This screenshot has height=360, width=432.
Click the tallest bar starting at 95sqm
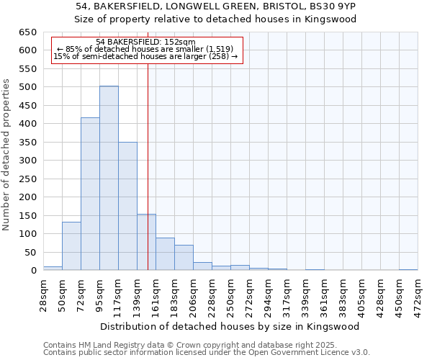(109, 178)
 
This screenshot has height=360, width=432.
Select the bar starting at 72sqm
(90, 194)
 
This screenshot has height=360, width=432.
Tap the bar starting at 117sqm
(127, 206)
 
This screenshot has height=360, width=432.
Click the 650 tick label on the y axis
(28, 32)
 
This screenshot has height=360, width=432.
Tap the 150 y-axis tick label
(28, 216)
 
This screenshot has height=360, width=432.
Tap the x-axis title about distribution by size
(230, 326)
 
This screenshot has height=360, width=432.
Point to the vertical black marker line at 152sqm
(148, 144)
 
